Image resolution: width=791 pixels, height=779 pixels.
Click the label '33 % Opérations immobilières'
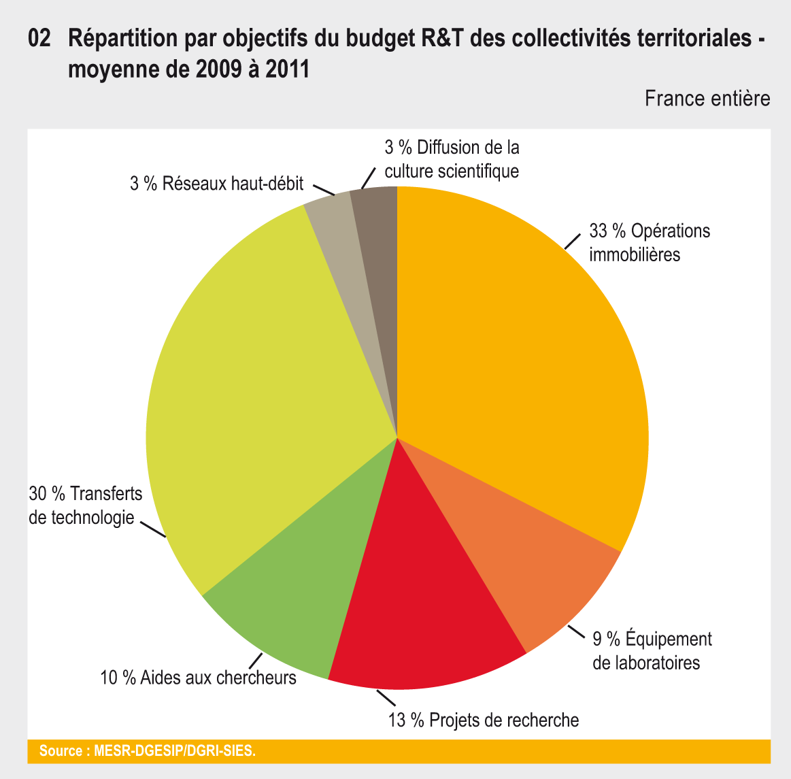[650, 242]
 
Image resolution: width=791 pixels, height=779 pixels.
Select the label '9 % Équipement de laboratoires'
[652, 650]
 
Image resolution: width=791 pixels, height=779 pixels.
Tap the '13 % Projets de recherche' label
[484, 720]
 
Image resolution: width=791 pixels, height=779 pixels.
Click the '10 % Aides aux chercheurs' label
[198, 678]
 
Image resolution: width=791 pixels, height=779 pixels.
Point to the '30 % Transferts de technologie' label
[84, 505]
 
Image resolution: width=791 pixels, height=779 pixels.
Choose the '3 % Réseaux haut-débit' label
[216, 183]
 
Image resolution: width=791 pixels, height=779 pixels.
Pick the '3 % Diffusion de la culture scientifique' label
[452, 159]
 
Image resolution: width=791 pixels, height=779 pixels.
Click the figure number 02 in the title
[39, 38]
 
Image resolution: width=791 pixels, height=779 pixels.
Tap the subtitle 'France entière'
[707, 99]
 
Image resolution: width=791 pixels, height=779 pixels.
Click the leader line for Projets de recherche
[386, 698]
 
